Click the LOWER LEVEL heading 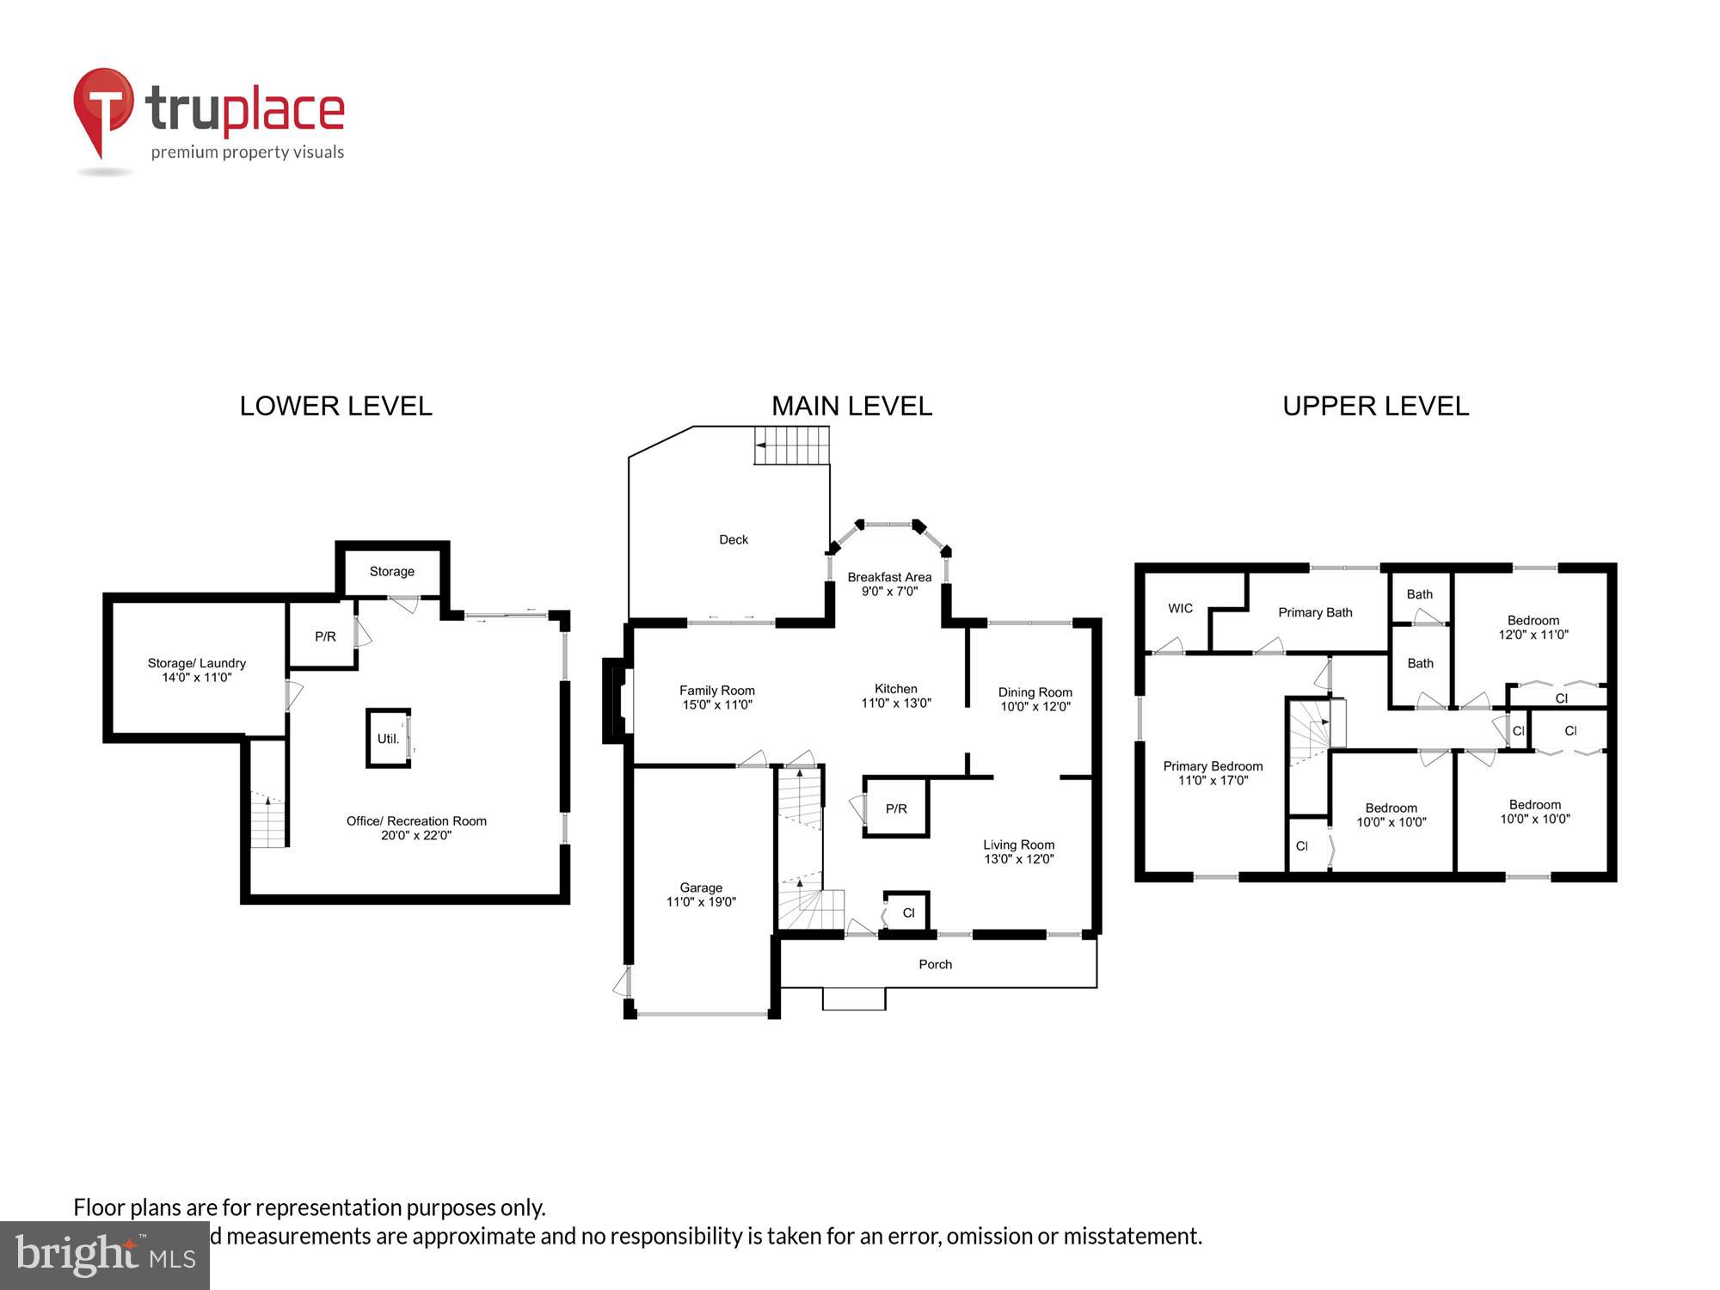[x=335, y=406]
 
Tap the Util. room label [x=388, y=739]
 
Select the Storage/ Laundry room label [x=197, y=663]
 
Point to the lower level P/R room [x=325, y=636]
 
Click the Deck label [x=734, y=539]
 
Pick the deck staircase [x=791, y=445]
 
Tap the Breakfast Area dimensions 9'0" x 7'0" [x=889, y=591]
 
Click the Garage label [x=701, y=888]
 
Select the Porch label [x=936, y=964]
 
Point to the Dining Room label [x=1035, y=692]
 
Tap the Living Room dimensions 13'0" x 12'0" [x=1018, y=858]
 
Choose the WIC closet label [x=1180, y=608]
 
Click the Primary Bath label [x=1315, y=612]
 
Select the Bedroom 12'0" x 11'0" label [x=1533, y=627]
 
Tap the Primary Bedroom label [x=1213, y=766]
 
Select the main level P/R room [x=896, y=808]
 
